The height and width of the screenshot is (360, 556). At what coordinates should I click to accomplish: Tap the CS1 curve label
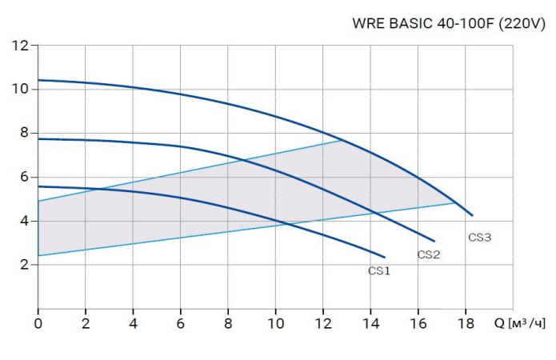point(379,271)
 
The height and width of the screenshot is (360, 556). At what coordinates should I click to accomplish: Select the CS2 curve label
point(429,255)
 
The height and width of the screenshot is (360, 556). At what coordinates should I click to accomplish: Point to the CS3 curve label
point(479,238)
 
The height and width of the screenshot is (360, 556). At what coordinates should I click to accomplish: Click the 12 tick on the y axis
point(20,46)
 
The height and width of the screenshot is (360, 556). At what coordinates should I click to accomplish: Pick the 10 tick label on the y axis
point(20,89)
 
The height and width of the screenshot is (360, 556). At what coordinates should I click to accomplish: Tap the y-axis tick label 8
point(22,133)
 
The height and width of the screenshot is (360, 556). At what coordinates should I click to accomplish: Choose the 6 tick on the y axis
point(22,177)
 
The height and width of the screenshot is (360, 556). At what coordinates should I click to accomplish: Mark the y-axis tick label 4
point(22,221)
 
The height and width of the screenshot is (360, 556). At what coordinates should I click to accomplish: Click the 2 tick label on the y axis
point(22,265)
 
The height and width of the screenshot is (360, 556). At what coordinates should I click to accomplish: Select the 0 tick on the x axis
point(38,324)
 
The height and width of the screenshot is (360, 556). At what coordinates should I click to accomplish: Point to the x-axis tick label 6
point(181,324)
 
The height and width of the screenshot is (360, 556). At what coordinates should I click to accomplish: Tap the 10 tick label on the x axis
point(275,324)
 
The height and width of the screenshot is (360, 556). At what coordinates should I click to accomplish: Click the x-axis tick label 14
point(370,324)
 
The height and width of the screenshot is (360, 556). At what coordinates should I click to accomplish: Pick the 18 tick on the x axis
point(465,324)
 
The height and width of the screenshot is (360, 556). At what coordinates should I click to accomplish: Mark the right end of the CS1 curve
point(385,257)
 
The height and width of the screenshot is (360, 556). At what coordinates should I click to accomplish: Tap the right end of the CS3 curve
point(473,216)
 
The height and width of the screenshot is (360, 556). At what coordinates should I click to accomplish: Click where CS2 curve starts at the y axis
point(38,139)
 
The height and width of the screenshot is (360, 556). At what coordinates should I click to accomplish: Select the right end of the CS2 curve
point(434,241)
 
